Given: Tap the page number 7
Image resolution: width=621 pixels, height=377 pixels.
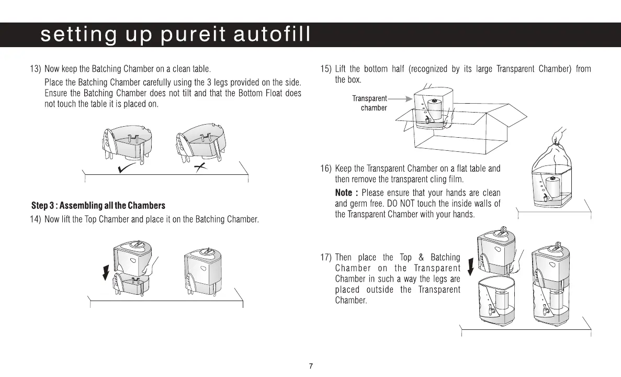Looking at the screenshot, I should (311, 366).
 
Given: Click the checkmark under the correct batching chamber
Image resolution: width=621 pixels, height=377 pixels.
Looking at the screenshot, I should (127, 168).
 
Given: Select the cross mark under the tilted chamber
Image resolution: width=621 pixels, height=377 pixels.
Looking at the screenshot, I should (199, 167).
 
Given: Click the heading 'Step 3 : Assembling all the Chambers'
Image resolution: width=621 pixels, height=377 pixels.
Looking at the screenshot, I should (98, 205).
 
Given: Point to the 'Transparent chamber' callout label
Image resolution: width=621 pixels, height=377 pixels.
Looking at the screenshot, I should (369, 103).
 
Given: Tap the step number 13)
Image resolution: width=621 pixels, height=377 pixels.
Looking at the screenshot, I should (36, 69).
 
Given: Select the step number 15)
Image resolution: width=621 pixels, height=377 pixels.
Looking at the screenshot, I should (325, 69).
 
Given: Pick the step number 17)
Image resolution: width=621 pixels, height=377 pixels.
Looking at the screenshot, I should (325, 257).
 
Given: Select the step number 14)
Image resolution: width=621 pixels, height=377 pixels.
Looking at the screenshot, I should (36, 219).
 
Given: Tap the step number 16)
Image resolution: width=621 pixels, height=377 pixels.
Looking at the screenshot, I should (325, 169).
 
